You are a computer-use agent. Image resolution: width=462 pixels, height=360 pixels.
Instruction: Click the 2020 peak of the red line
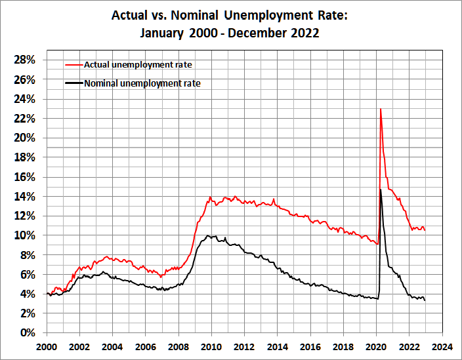pos(381,109)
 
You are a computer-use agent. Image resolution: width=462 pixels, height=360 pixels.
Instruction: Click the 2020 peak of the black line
pos(381,189)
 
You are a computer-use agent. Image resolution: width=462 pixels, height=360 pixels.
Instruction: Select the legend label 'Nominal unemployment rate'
pos(142,83)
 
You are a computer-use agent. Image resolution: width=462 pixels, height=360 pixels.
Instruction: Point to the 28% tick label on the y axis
pos(24,60)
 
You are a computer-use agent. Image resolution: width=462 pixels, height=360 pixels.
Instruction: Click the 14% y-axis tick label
pos(24,196)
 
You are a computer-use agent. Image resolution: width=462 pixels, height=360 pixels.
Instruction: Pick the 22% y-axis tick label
pos(24,118)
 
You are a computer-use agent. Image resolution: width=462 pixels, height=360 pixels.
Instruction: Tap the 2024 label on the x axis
pos(442,346)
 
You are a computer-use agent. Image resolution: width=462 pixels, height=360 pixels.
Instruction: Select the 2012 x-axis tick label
pos(244,346)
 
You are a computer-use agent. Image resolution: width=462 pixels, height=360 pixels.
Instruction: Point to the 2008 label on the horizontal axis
pos(178,346)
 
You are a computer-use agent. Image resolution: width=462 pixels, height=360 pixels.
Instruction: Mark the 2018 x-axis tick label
pos(343,346)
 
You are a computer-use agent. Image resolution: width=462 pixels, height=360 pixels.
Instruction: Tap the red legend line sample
pos(74,64)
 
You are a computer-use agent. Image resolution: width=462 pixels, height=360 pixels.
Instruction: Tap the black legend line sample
pos(74,83)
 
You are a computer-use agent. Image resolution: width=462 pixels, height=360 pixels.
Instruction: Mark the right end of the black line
pos(425,300)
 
